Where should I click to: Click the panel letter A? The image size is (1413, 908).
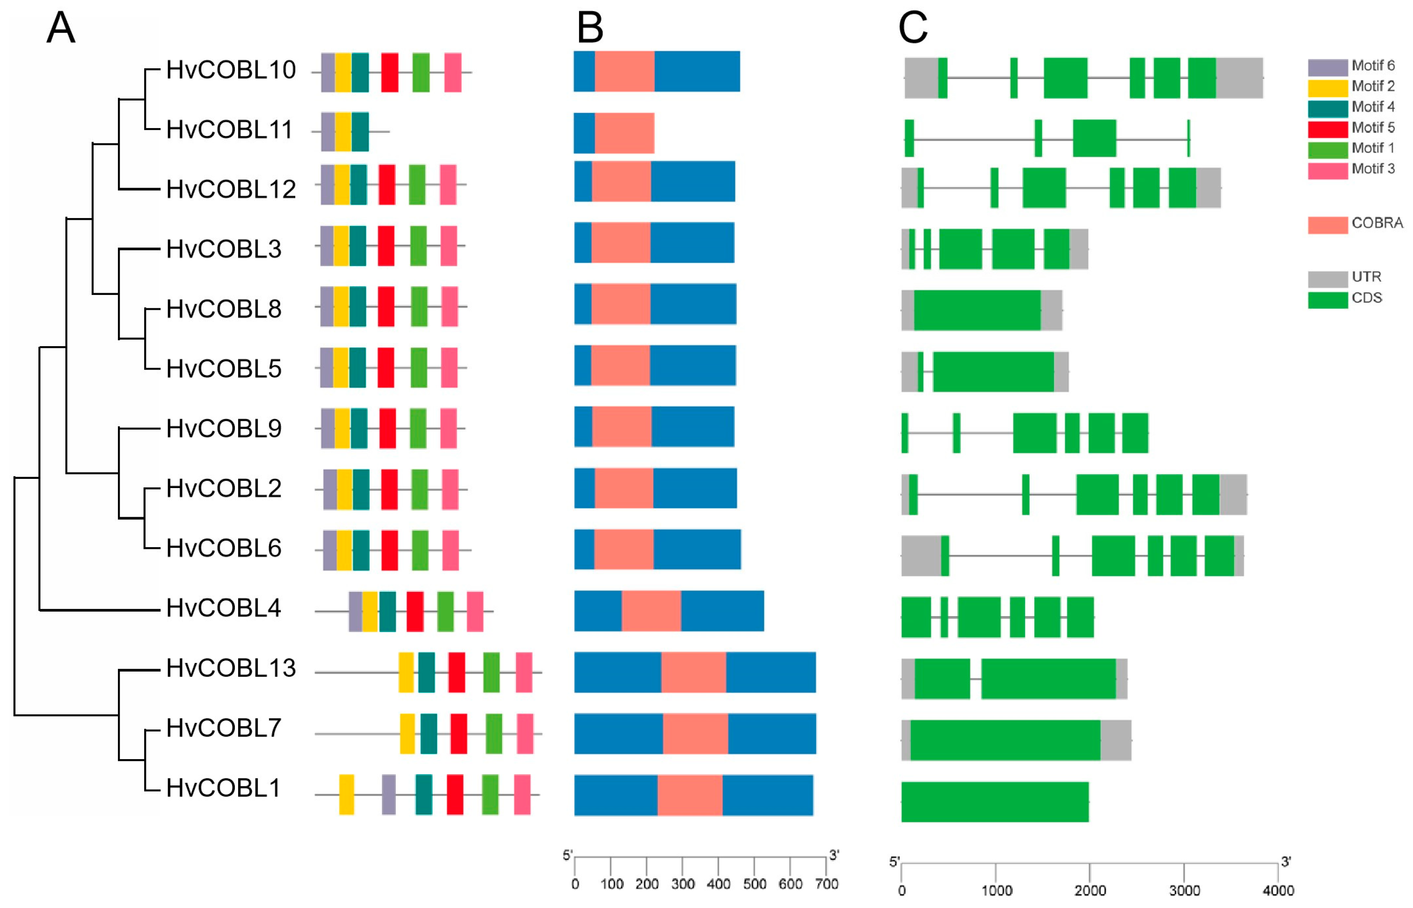pos(61,28)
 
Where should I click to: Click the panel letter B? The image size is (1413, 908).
pos(590,28)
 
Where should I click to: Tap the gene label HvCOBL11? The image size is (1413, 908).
pos(229,130)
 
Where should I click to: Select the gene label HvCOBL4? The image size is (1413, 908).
pos(223,608)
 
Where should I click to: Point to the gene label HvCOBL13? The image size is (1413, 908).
pos(230,668)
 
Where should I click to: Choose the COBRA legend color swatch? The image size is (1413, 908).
pos(1328,224)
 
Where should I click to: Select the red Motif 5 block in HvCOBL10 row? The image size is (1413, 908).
pos(389,72)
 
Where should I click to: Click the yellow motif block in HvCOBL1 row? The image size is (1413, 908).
pos(346,794)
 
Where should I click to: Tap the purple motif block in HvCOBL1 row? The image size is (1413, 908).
pos(388,794)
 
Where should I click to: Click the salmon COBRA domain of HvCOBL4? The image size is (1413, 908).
pos(651,611)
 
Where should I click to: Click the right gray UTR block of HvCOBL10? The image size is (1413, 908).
pos(1239,78)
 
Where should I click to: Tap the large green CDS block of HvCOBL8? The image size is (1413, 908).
pos(977,310)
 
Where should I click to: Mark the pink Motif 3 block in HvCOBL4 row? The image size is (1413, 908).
pos(475,612)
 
